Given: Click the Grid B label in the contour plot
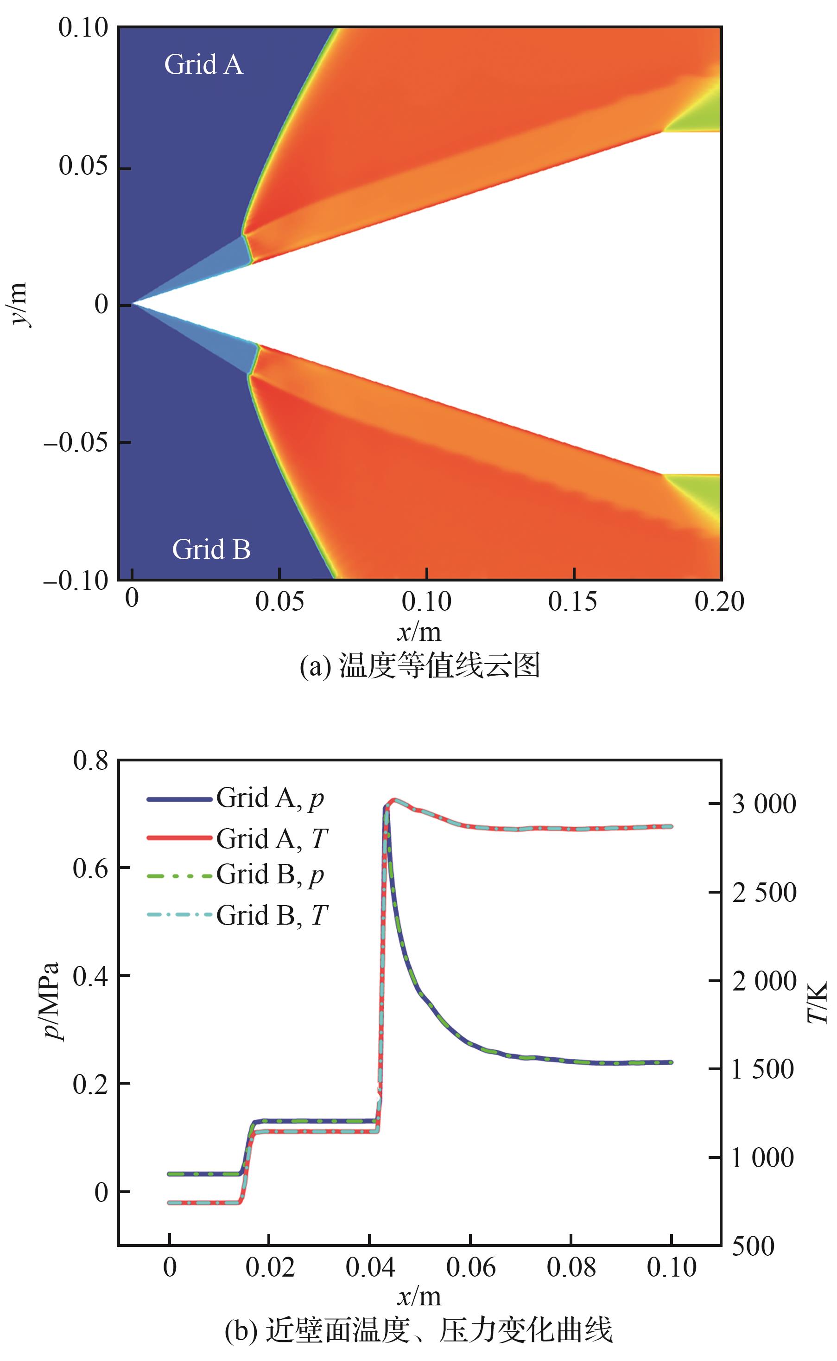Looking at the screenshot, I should tap(211, 550).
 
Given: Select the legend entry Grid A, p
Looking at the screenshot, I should tap(270, 799).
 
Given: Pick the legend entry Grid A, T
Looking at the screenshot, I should tap(272, 839).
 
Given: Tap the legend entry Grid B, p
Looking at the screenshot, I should tap(270, 875).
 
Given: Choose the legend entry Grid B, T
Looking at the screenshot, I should tap(272, 915).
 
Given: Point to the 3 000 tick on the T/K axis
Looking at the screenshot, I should tap(763, 804).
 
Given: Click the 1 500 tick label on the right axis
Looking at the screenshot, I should tap(762, 1069).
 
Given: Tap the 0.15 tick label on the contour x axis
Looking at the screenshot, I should tap(573, 601).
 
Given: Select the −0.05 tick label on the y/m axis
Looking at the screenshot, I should tap(76, 442).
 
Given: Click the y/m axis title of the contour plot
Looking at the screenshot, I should tap(18, 305).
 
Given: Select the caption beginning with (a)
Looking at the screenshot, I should tap(419, 665).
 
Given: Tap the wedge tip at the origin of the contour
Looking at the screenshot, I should tap(132, 305).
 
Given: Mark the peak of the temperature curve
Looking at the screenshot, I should tap(393, 799).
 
